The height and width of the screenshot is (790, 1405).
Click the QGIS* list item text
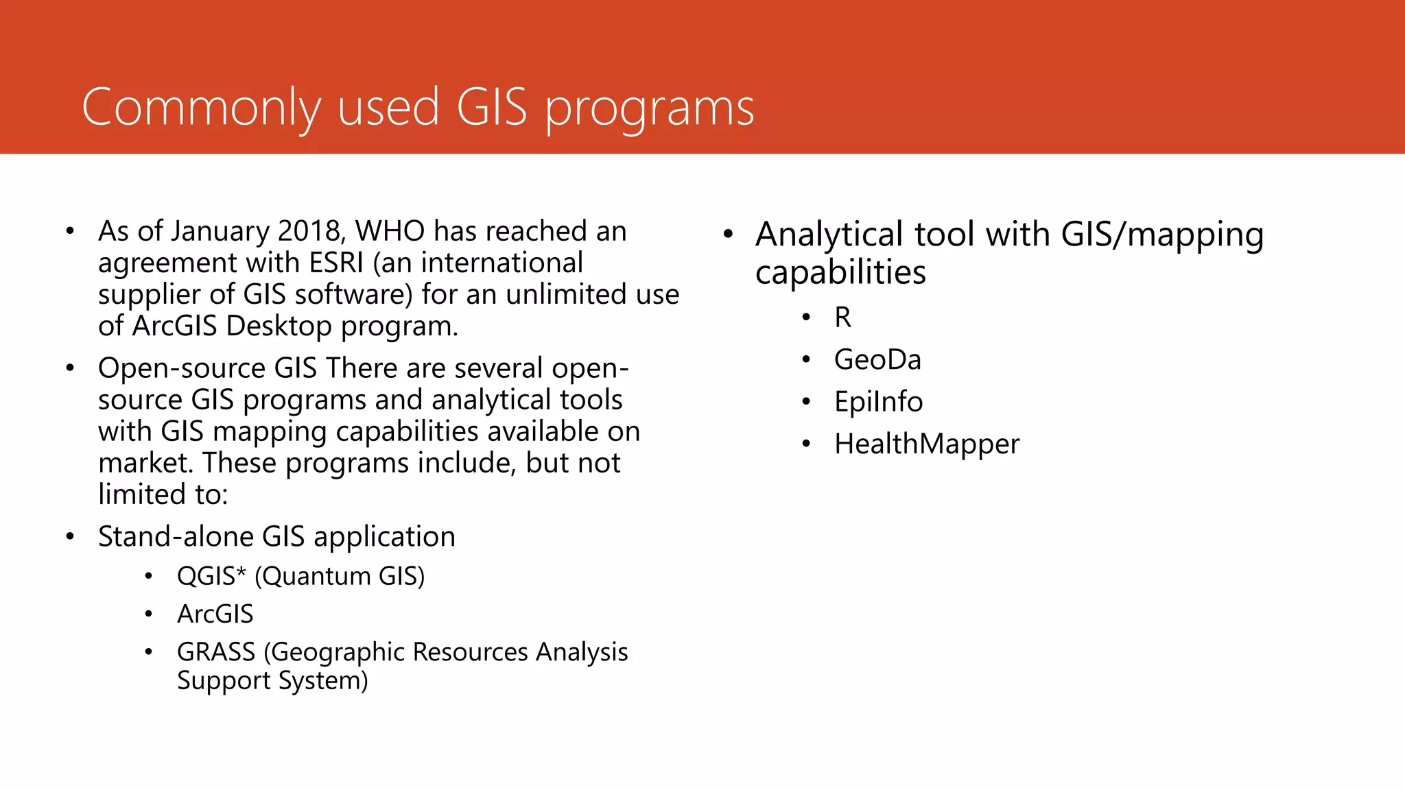211,576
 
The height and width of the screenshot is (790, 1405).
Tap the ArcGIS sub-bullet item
215,614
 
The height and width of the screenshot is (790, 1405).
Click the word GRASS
216,651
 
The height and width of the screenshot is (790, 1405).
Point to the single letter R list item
842,318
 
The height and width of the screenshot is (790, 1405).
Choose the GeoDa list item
877,360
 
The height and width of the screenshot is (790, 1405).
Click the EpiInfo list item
878,402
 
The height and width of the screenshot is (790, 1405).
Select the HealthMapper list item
926,444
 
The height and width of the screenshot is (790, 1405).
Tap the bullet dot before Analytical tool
728,235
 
